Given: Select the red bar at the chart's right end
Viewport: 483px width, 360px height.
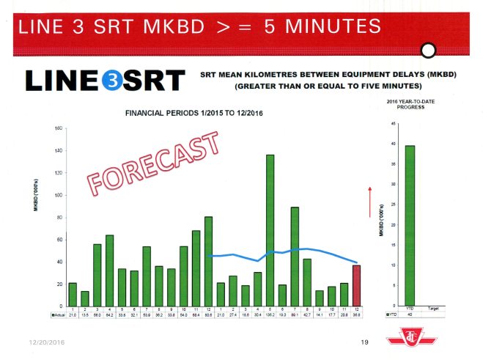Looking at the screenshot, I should click(356, 285).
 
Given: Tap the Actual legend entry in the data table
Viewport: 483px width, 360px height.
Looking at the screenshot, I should click(58, 315).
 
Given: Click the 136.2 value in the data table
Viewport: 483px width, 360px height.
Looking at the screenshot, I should click(270, 315).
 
